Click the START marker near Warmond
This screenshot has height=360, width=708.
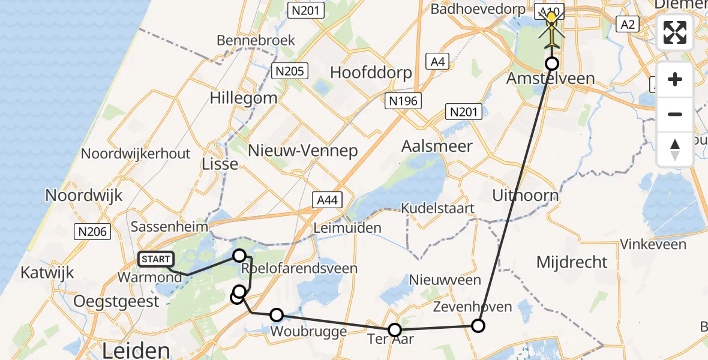156,259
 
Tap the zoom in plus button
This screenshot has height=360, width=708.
675,79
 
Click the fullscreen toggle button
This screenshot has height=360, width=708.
675,32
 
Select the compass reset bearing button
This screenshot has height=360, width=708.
675,149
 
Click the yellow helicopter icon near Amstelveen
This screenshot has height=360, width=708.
551,27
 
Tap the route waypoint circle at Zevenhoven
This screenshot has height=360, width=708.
478,326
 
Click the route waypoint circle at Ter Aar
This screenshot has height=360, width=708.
395,329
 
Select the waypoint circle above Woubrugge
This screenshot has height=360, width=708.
277,314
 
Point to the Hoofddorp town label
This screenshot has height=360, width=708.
371,73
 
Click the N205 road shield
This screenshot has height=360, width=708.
290,71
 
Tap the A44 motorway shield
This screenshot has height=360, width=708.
326,200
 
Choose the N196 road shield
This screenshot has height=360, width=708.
403,101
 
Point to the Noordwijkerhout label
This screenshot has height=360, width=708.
136,154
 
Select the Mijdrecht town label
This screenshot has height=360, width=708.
572,262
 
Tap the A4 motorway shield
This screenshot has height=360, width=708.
436,61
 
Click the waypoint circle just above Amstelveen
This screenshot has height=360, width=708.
551,64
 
